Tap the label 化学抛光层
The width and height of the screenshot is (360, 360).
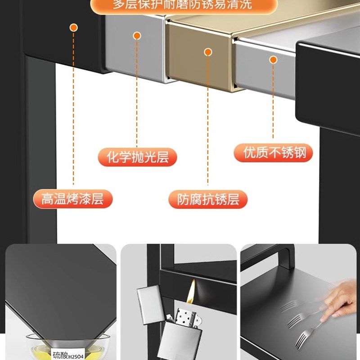tap(137, 157)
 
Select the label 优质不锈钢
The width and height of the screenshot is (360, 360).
tap(273, 153)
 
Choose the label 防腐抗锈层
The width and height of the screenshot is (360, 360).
tap(208, 199)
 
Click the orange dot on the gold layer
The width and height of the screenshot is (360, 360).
tap(208, 52)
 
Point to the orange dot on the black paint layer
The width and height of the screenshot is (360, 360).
tap(73, 28)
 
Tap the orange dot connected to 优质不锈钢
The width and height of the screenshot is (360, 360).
tap(273, 59)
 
